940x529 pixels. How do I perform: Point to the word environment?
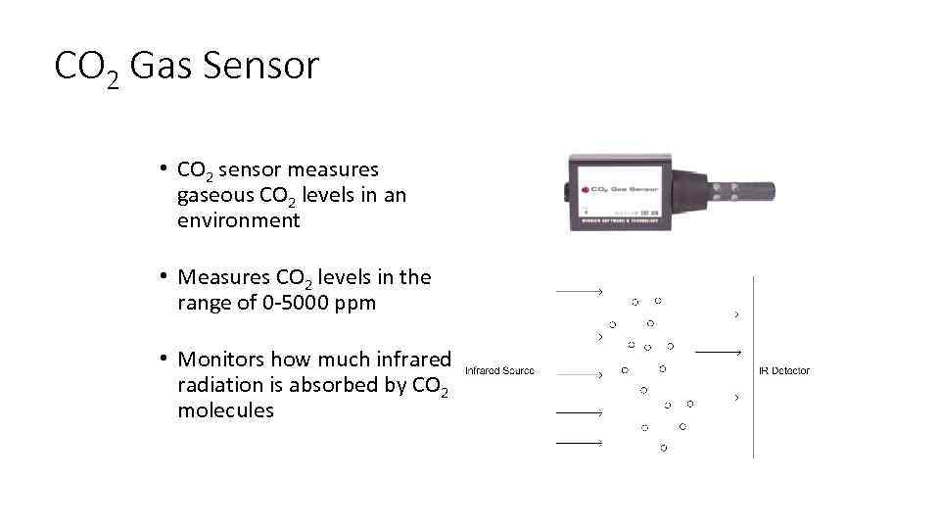point(238,220)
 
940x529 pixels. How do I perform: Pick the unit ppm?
point(354,304)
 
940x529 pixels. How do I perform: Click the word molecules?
point(225,410)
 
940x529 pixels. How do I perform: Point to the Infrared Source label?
point(499,371)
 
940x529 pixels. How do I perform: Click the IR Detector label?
point(784,371)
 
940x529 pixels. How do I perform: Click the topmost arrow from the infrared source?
point(579,292)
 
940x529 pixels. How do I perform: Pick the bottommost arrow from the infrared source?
point(579,444)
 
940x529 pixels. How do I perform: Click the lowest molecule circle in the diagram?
point(664,448)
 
